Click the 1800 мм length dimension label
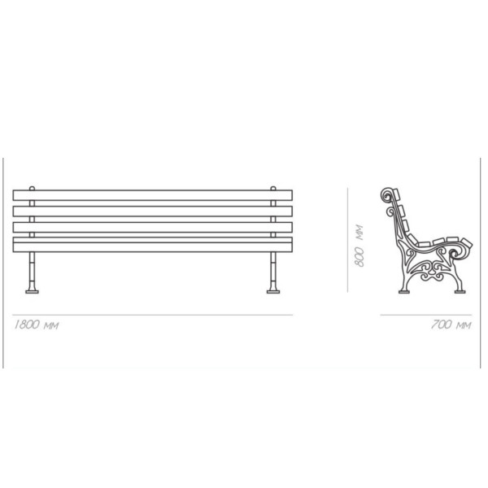coord(37,325)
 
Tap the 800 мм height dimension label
coord(359,246)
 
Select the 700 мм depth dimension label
coord(451,325)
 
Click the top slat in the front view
coord(153,195)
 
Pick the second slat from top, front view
coord(153,211)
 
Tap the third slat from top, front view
coord(153,227)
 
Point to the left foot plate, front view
coord(32,292)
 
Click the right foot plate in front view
coord(273,292)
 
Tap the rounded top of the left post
coord(32,188)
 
